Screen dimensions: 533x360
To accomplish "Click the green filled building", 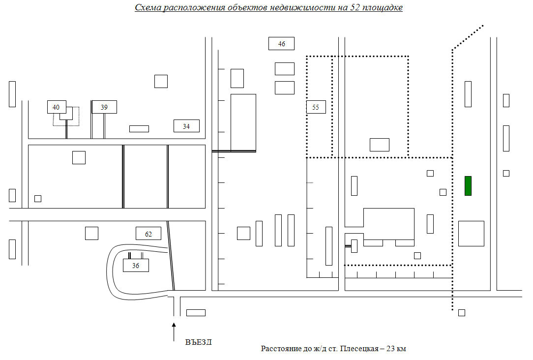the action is click(468, 186).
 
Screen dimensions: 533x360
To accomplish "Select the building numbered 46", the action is click(281, 43).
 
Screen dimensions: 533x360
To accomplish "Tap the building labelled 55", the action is click(316, 107).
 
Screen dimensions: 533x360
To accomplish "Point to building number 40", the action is click(57, 107).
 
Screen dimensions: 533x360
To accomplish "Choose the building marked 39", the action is click(104, 107).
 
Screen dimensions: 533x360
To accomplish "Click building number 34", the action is click(186, 126).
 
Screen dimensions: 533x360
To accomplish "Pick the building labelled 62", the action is click(148, 234).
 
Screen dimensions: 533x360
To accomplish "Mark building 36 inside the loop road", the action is click(136, 266).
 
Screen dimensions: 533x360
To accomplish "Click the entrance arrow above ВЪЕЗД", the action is click(174, 332).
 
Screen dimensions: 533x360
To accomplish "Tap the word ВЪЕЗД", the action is click(199, 342).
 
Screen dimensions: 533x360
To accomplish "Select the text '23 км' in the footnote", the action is click(396, 348).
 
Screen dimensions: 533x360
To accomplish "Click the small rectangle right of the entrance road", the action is click(196, 313).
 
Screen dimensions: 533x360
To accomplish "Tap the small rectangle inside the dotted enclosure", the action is click(380, 145).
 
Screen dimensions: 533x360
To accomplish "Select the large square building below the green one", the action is click(471, 234).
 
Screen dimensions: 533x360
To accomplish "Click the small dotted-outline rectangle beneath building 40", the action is click(66, 116).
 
